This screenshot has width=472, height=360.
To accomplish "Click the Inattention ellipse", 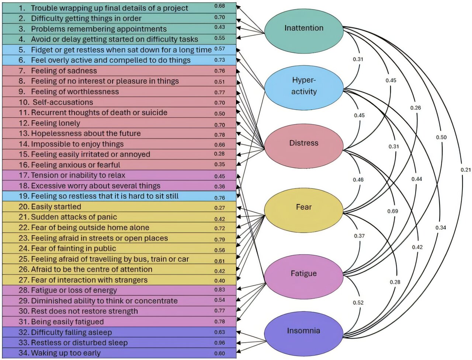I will click(x=303, y=28).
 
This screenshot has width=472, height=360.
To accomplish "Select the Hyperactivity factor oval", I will click(x=303, y=86).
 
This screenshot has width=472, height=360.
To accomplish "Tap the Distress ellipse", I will click(x=303, y=143).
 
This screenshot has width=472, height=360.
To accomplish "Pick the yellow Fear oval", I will click(x=303, y=207).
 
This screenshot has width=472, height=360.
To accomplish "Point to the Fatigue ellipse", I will click(x=303, y=273).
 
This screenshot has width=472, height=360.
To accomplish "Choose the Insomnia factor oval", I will click(x=303, y=331).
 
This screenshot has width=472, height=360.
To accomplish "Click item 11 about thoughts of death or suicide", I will click(x=99, y=113).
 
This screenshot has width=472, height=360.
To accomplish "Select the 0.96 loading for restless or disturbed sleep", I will click(x=220, y=343).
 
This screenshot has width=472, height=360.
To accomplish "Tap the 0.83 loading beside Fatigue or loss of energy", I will click(x=220, y=290).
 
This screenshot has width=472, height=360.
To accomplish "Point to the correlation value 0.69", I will click(x=392, y=211).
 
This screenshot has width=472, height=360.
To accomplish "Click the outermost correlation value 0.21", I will click(x=465, y=170).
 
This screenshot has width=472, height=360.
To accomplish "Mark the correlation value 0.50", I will click(x=441, y=137).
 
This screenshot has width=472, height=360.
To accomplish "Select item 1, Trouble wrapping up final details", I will click(x=109, y=8).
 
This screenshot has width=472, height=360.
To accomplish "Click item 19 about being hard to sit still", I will click(x=104, y=196).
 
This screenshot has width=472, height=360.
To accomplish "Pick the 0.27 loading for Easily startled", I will click(x=220, y=208).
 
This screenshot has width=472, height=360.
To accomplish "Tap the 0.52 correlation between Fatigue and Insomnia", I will click(x=358, y=303).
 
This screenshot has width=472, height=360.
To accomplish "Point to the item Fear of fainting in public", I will click(x=73, y=248).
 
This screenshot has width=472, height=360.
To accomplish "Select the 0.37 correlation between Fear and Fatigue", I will click(x=359, y=236).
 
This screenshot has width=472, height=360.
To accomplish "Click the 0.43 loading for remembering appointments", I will click(x=220, y=27).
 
